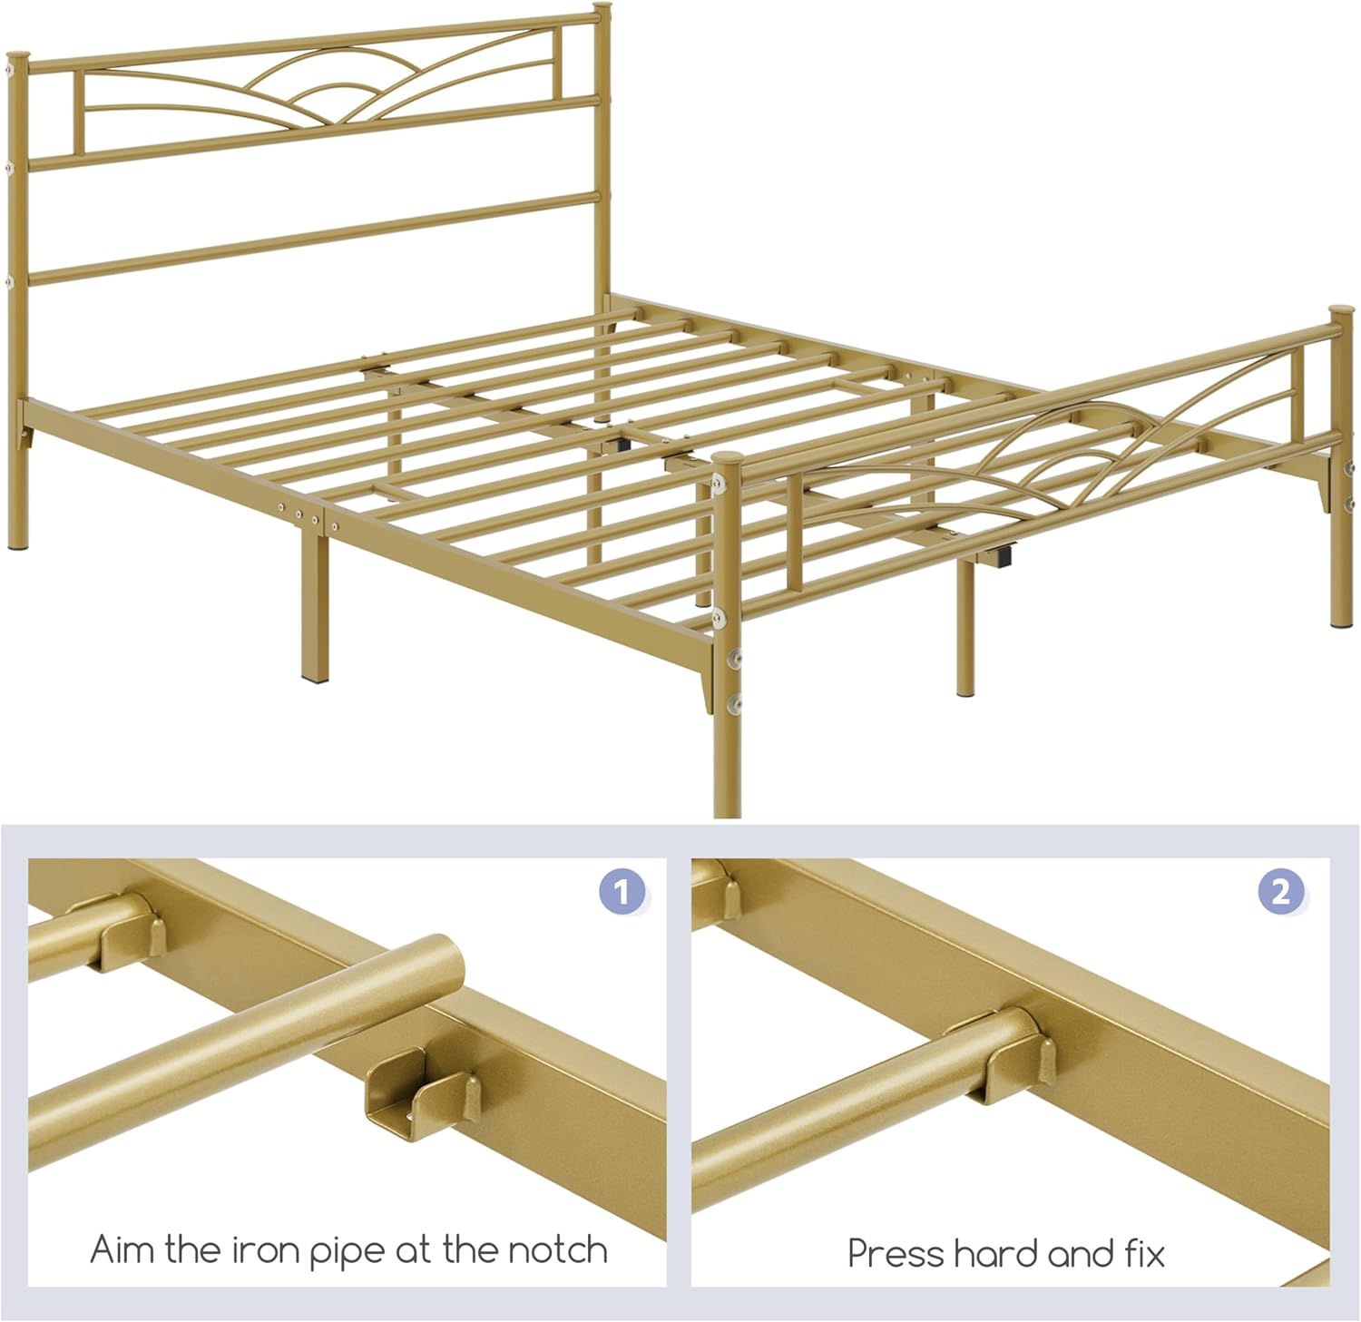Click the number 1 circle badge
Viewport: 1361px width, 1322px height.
tap(622, 892)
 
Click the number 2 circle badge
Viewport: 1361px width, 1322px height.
tap(1280, 892)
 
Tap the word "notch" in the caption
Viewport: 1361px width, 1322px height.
tap(557, 1250)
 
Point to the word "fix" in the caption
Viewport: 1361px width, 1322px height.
tap(1145, 1254)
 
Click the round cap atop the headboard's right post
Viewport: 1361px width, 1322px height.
tap(600, 11)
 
